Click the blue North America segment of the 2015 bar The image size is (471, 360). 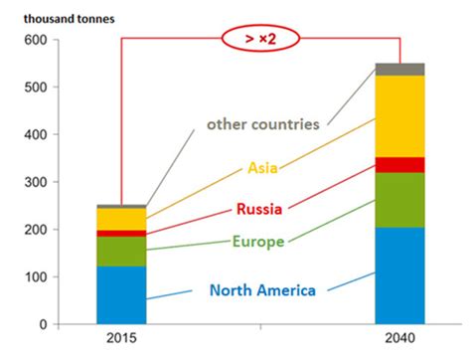click(121, 294)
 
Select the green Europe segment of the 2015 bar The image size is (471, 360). click(121, 251)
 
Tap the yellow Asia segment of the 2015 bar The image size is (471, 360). click(121, 219)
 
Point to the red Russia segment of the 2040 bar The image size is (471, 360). click(398, 164)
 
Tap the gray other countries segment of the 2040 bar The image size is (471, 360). click(398, 69)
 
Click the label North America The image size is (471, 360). click(262, 290)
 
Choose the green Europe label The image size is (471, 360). click(257, 241)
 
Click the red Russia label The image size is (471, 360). click(259, 209)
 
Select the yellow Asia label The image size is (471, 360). click(263, 167)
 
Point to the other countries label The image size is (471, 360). click(262, 124)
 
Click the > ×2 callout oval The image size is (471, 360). click(260, 40)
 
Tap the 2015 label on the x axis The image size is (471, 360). click(121, 341)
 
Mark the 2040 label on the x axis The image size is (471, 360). click(398, 341)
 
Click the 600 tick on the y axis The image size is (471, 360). click(35, 39)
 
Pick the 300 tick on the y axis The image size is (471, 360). click(35, 182)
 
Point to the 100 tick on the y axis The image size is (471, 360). click(35, 276)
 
